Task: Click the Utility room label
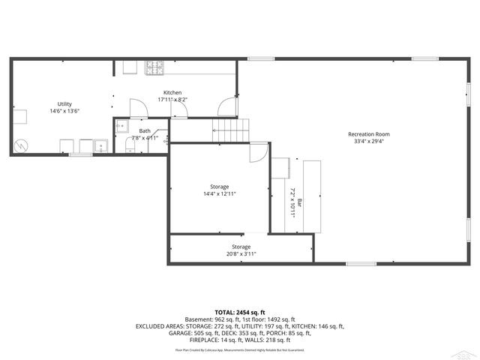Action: click(x=64, y=103)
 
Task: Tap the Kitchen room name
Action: click(x=172, y=92)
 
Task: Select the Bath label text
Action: click(x=144, y=131)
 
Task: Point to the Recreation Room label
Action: click(x=368, y=134)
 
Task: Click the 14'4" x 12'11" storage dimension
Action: click(x=219, y=193)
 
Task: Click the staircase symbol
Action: click(x=229, y=130)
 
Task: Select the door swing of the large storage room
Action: click(x=256, y=150)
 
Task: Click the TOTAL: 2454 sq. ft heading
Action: click(x=240, y=312)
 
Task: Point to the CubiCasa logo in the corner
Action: click(x=467, y=351)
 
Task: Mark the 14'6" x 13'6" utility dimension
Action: click(x=64, y=111)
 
